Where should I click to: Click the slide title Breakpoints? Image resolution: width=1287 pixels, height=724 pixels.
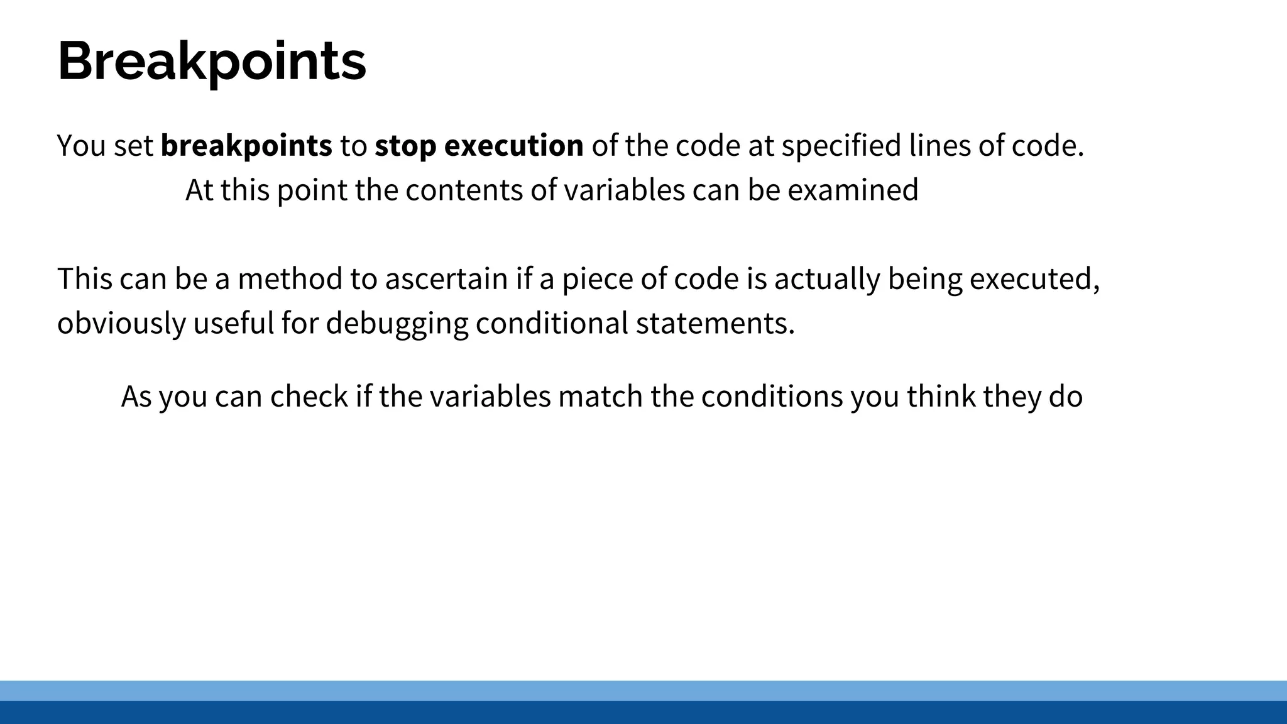click(212, 62)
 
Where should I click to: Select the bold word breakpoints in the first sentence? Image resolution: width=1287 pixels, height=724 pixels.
click(246, 146)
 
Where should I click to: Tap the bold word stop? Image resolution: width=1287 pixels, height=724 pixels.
click(405, 146)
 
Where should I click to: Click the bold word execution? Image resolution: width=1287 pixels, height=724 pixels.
click(514, 146)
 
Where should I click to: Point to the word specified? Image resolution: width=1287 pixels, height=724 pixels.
click(841, 146)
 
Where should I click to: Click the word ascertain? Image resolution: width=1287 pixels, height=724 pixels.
click(446, 279)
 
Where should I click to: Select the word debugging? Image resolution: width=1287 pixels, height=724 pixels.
click(397, 324)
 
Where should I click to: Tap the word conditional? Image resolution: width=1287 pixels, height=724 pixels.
click(552, 324)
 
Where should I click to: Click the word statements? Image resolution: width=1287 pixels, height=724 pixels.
click(715, 324)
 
